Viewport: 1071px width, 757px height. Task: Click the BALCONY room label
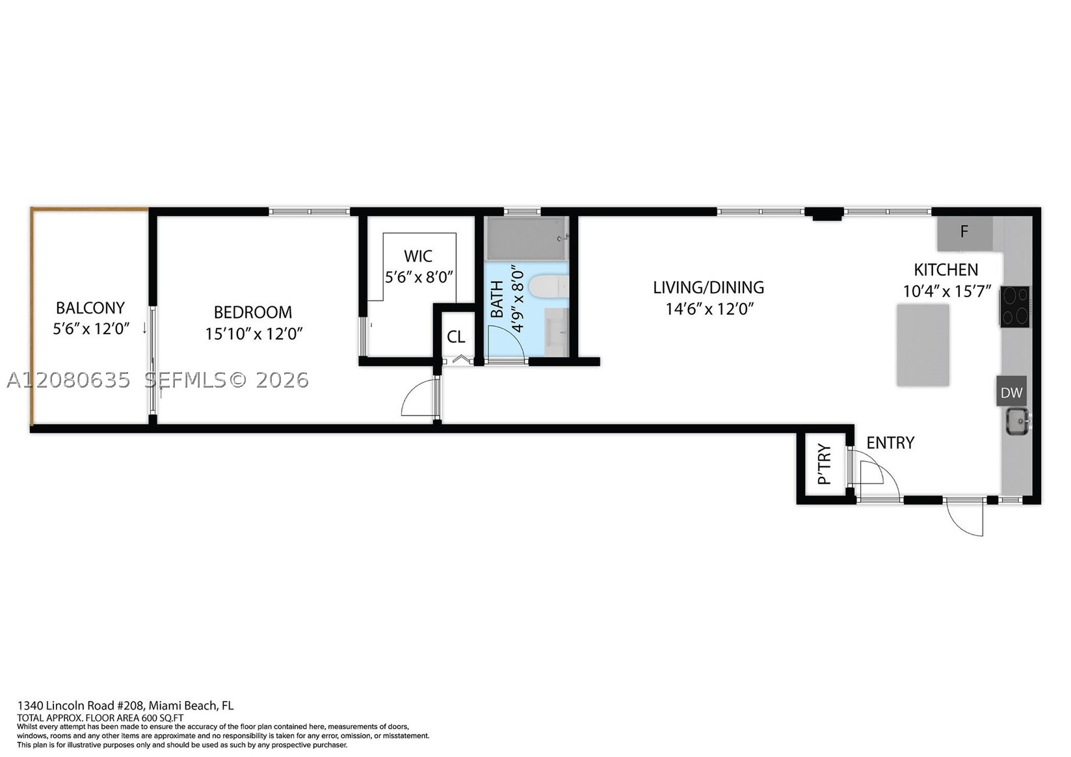tap(90, 308)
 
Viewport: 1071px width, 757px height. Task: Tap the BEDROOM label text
tap(253, 312)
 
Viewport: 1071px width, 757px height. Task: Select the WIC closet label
tap(418, 256)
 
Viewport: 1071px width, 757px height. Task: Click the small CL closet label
tap(456, 337)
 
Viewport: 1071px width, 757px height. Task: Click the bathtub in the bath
tap(527, 238)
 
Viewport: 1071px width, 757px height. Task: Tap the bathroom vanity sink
tap(557, 332)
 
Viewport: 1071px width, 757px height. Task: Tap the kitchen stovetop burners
tap(1014, 306)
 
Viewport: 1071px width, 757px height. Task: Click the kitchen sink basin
tap(1018, 421)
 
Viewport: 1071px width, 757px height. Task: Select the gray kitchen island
tap(923, 345)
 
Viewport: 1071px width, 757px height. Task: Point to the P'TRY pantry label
tap(825, 464)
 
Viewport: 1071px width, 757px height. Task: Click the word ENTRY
tap(890, 443)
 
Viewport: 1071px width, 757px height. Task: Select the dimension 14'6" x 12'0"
tap(709, 309)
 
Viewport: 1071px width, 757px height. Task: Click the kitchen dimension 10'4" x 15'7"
tap(947, 291)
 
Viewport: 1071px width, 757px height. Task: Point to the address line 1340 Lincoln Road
tap(126, 706)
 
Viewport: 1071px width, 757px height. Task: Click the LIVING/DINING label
tap(709, 287)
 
